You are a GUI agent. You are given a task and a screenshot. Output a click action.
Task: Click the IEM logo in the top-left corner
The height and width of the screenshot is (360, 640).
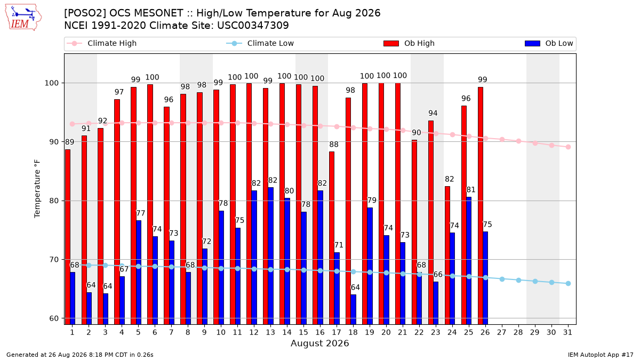pyautogui.click(x=23, y=18)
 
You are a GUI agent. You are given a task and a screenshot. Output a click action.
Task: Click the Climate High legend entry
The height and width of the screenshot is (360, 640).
pyautogui.click(x=101, y=43)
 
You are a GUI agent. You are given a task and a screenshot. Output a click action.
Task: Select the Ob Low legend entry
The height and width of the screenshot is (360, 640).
pyautogui.click(x=549, y=43)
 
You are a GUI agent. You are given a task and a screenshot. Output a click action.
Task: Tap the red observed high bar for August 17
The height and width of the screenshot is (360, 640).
pyautogui.click(x=332, y=238)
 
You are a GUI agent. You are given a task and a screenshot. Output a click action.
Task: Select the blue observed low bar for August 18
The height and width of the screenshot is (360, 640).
pyautogui.click(x=354, y=309)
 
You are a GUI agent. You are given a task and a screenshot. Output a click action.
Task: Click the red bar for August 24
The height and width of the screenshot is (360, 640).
pyautogui.click(x=447, y=255)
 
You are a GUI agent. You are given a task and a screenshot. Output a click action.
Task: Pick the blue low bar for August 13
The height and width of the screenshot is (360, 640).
pyautogui.click(x=270, y=256)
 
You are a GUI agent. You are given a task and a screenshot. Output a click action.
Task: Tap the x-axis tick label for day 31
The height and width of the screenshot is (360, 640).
pyautogui.click(x=567, y=333)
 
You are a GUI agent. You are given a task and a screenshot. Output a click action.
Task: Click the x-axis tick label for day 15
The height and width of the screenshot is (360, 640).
pyautogui.click(x=303, y=333)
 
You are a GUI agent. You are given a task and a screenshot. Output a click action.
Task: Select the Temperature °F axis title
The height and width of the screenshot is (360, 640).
pyautogui.click(x=37, y=189)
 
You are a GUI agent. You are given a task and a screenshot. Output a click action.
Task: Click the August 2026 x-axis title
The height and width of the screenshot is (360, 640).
pyautogui.click(x=319, y=343)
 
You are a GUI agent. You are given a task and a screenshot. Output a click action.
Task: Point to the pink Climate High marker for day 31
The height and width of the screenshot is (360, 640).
pyautogui.click(x=569, y=147)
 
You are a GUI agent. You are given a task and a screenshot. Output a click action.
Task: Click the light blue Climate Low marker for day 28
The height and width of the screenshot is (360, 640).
pyautogui.click(x=518, y=281)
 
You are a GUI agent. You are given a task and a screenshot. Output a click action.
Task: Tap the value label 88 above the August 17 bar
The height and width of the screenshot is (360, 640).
pyautogui.click(x=334, y=145)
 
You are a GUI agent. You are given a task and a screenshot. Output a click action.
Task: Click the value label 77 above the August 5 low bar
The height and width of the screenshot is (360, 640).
pyautogui.click(x=141, y=213)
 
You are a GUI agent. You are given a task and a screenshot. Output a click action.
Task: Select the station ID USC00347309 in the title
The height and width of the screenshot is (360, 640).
pyautogui.click(x=253, y=26)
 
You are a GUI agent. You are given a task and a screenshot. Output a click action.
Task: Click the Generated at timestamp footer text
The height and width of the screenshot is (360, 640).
pyautogui.click(x=79, y=355)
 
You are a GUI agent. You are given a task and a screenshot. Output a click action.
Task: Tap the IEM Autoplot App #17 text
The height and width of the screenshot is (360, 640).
pyautogui.click(x=601, y=355)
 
